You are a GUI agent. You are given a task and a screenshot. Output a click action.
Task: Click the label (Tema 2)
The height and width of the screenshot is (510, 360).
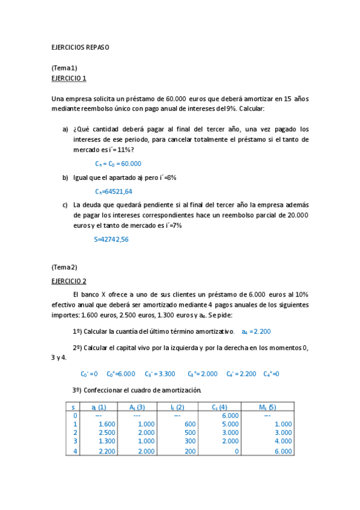click(64, 267)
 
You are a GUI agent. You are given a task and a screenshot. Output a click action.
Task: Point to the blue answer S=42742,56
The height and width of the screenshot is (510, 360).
click(111, 239)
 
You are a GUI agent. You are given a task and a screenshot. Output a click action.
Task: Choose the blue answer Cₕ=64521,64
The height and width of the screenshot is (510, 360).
click(114, 191)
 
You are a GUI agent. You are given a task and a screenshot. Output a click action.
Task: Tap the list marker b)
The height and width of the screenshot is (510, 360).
click(66, 178)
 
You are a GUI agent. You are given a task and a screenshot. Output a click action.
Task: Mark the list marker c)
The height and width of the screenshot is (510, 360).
click(66, 204)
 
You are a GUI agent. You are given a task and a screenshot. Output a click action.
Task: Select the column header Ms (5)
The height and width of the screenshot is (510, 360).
click(267, 407)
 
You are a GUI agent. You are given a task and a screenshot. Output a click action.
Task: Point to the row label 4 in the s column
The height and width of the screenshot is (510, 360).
click(75, 450)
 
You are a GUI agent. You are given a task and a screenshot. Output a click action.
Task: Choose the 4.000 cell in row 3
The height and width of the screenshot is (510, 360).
click(282, 441)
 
